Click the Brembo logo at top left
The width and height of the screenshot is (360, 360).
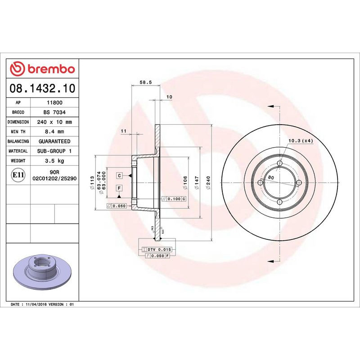coord(42,69)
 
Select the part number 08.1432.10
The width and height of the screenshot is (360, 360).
coord(42,88)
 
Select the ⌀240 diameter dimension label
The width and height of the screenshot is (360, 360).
coord(207,182)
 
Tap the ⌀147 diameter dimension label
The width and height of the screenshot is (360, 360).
coord(196,182)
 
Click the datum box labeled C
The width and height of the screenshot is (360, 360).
coord(120,175)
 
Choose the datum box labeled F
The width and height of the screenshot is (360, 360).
coord(120,188)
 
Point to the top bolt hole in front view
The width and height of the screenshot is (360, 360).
coord(279,163)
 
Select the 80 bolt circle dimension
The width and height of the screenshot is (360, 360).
coord(271,177)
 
